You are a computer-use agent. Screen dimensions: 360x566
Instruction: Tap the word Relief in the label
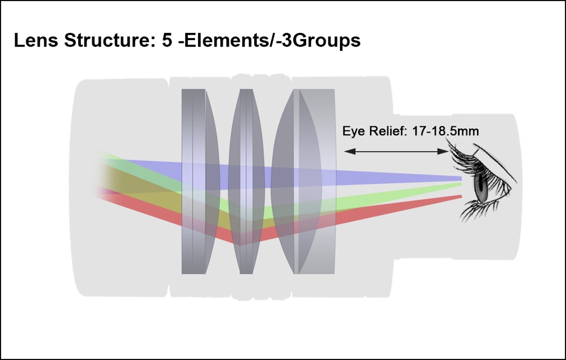click(387, 132)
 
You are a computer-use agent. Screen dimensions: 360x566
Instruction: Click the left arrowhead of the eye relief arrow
click(348, 151)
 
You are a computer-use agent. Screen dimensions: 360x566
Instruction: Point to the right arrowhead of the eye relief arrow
click(445, 151)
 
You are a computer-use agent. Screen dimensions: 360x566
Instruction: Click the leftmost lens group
click(199, 181)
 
